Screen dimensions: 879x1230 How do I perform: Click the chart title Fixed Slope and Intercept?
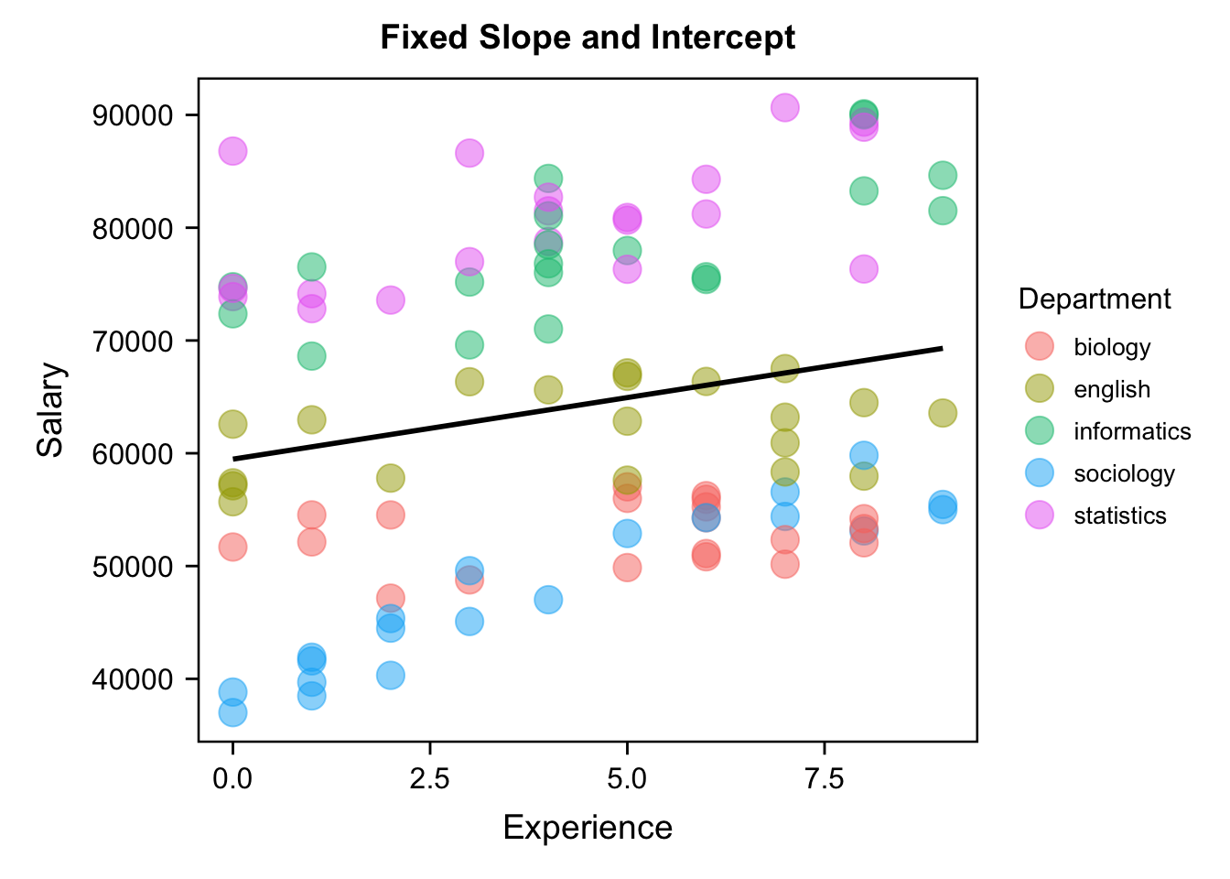588,38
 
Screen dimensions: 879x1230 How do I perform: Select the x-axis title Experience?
588,828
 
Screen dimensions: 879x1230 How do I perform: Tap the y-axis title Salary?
51,409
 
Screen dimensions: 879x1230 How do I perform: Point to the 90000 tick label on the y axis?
133,115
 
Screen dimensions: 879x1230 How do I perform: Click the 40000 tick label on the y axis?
133,679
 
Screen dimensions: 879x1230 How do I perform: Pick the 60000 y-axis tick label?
133,454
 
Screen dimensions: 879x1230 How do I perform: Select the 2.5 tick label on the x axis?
429,779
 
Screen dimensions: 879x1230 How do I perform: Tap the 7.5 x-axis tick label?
824,779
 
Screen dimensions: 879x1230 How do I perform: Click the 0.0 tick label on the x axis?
232,779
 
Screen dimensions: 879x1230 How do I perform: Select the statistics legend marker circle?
1040,515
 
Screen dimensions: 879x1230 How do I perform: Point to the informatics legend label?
1132,431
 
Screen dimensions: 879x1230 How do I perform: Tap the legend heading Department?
1095,299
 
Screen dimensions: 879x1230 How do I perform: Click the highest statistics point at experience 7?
784,107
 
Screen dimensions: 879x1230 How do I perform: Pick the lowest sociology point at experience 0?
232,712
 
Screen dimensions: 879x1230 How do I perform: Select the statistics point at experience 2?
391,300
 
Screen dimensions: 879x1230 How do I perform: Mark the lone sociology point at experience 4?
548,601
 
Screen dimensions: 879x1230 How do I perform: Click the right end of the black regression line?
942,348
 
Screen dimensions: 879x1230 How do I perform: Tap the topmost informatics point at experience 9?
943,175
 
